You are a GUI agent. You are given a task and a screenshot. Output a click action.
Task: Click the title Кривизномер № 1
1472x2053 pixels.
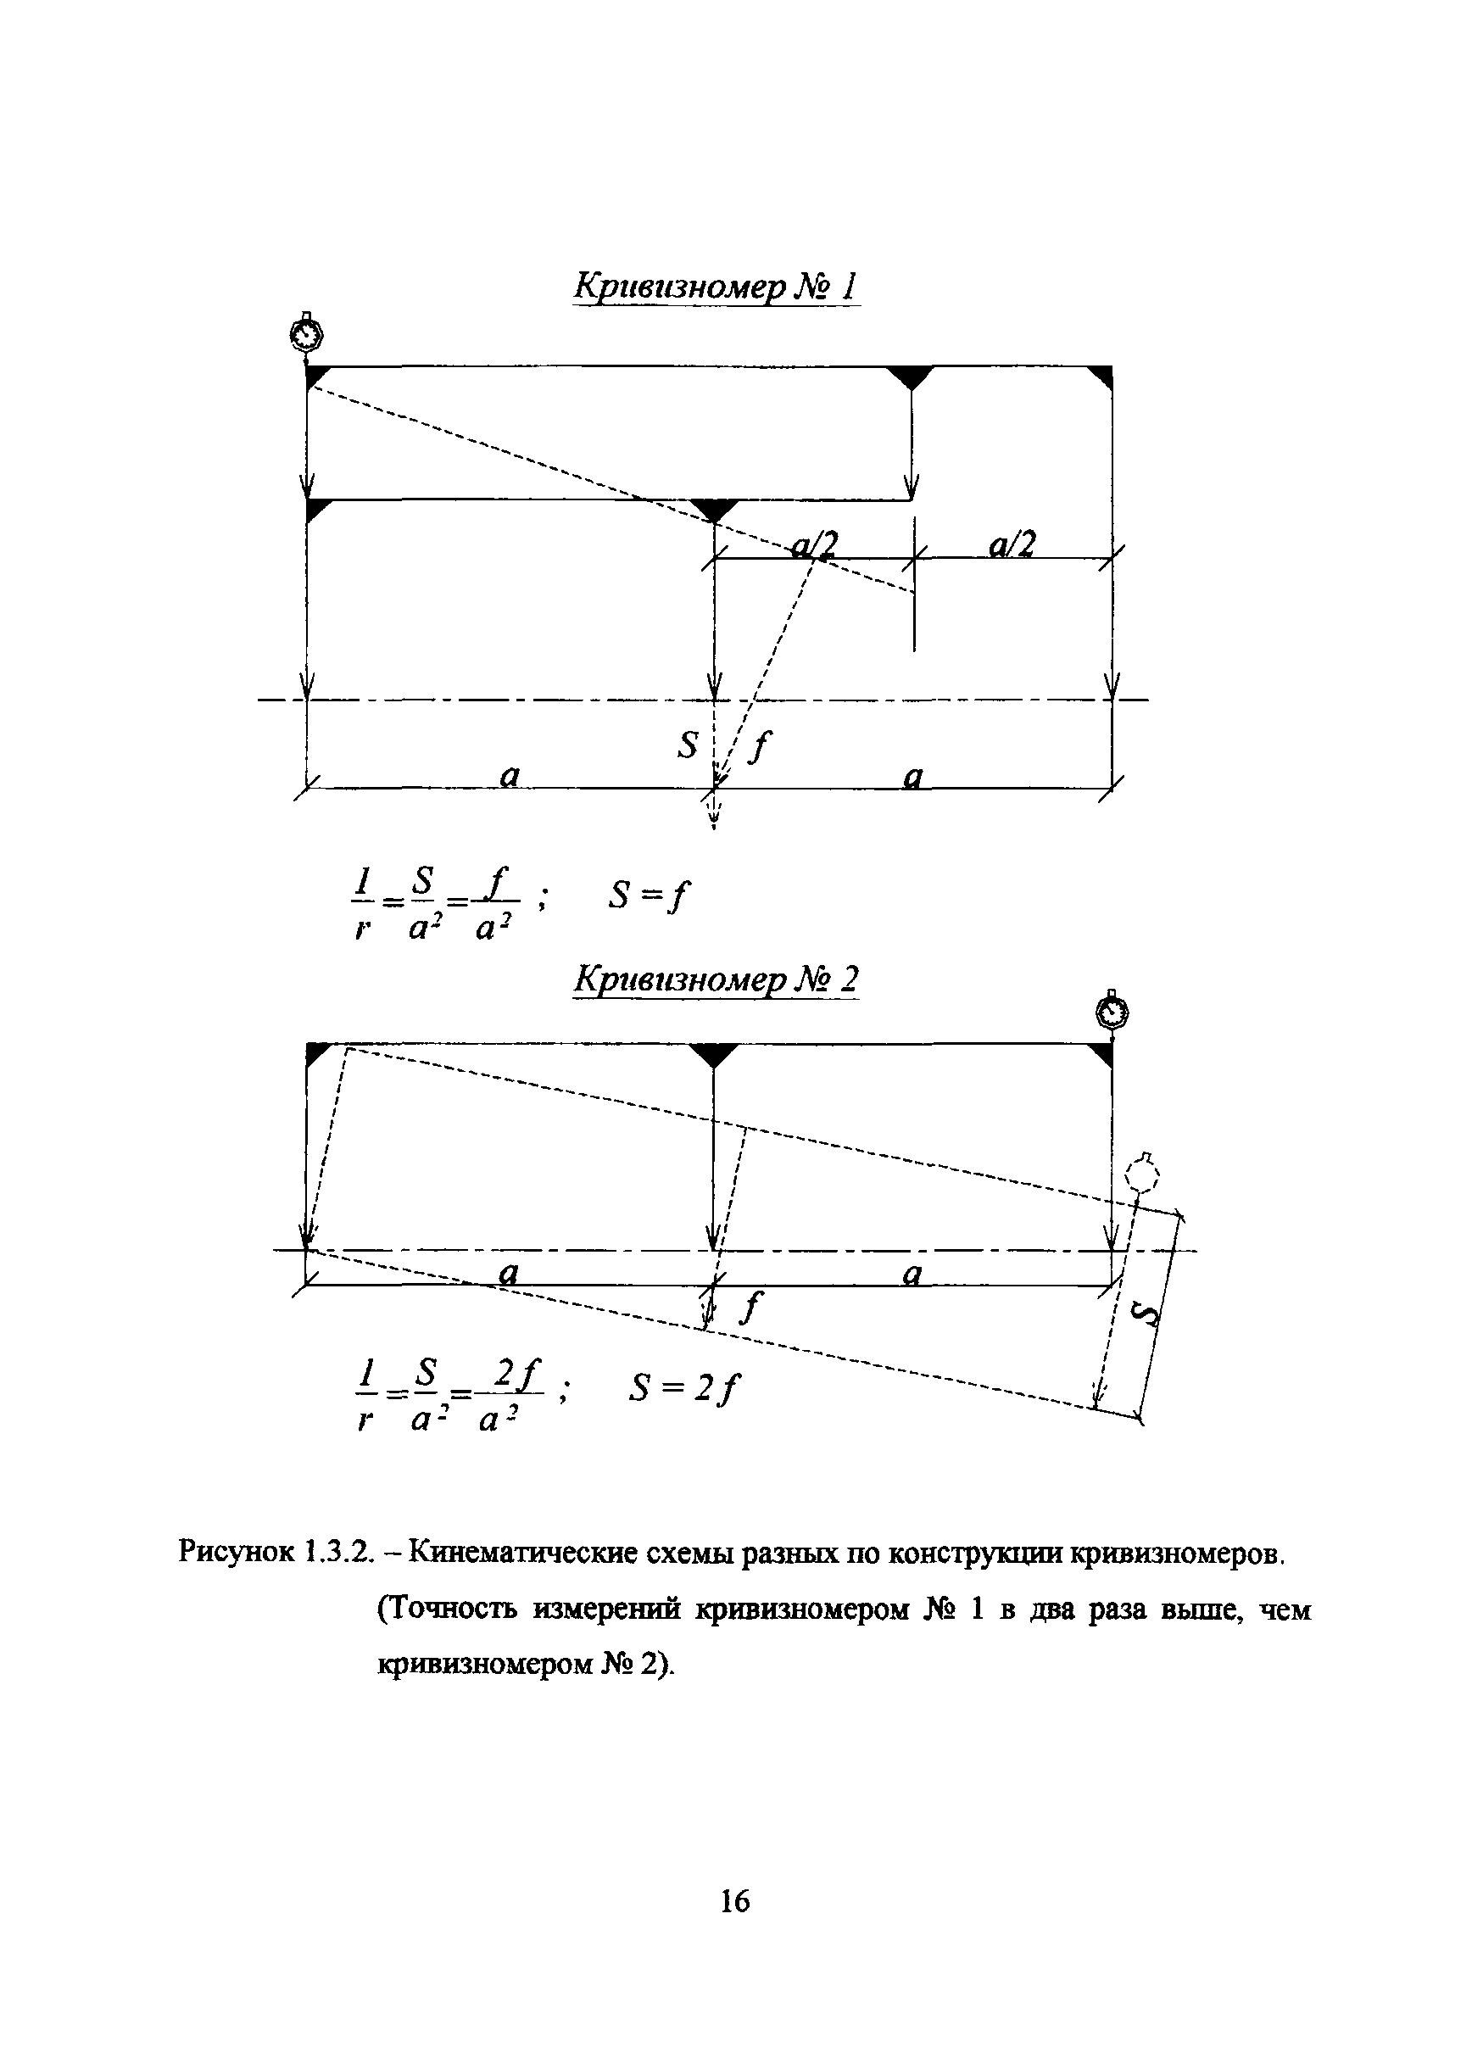coord(715,287)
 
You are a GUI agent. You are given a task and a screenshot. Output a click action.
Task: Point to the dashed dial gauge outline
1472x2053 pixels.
coord(1142,1177)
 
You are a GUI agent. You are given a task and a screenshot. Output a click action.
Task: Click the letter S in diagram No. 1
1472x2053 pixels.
coord(688,746)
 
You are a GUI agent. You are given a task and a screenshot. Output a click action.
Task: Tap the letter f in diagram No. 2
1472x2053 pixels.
coord(749,1308)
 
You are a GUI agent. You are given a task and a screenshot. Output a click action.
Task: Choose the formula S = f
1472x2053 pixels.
coord(647,896)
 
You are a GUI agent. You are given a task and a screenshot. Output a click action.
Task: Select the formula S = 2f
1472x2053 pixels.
coord(684,1388)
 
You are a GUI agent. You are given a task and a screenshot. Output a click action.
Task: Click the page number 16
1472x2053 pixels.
coord(734,1902)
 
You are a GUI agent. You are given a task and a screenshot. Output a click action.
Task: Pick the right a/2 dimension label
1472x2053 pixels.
coord(1012,544)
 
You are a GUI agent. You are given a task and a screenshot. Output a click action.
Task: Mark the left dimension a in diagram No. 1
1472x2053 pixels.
coord(510,775)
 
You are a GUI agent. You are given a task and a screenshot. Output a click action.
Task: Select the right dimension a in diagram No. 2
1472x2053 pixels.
coord(912,1275)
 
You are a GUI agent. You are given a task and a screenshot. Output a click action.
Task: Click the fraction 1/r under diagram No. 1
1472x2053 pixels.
coord(363,903)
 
